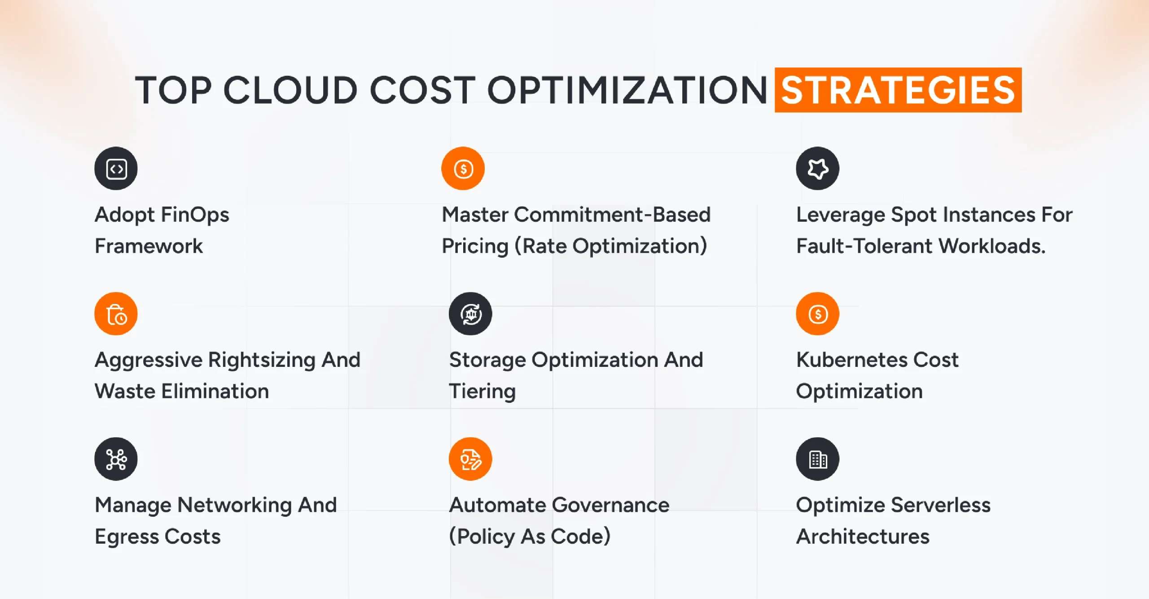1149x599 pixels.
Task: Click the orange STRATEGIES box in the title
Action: (898, 90)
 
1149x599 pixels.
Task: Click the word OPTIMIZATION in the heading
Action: (627, 90)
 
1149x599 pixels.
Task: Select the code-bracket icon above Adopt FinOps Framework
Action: (116, 168)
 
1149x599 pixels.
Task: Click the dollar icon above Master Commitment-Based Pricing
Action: (463, 168)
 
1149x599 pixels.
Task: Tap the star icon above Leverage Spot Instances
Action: (817, 168)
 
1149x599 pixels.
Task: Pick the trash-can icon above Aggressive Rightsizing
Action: (116, 314)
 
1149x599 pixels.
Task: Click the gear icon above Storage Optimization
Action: (470, 314)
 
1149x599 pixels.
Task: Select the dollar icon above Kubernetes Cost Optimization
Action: (817, 314)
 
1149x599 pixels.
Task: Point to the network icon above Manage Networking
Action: (116, 459)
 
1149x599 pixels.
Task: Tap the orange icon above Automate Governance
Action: (470, 459)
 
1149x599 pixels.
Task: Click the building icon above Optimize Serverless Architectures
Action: (817, 459)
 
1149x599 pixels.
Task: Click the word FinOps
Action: (195, 215)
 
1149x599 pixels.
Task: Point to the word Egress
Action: (127, 537)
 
